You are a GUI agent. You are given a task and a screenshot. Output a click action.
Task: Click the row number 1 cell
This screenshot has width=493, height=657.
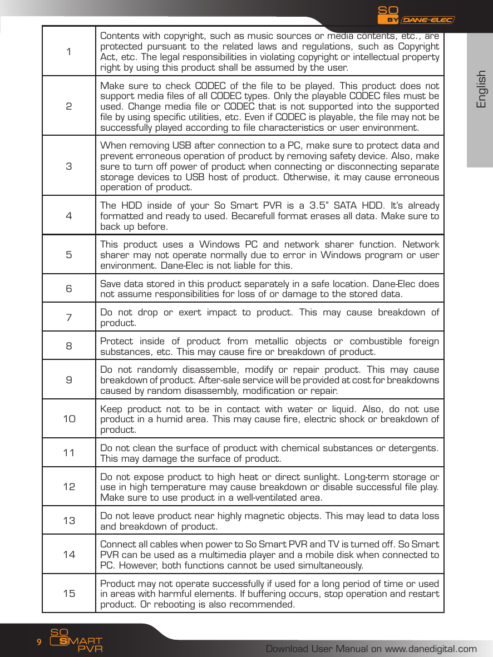pos(68,52)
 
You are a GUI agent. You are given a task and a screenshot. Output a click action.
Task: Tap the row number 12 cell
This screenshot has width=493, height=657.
pos(69,487)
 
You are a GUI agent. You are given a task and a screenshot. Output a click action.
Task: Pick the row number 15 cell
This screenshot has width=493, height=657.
pos(69,594)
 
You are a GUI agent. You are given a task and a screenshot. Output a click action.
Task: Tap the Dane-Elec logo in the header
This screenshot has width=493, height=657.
pos(427,20)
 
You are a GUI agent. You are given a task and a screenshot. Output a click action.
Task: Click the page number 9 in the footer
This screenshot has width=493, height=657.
pos(39,642)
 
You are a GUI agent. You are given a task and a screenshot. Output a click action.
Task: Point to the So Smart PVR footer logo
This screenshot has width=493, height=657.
pos(76,641)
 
